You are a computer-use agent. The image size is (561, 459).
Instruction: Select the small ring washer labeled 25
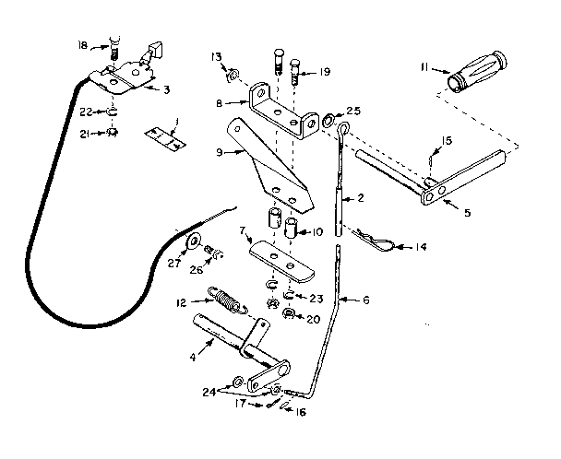pos(330,120)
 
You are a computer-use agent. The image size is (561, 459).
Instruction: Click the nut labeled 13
pos(233,71)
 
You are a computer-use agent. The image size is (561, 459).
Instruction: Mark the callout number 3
pos(165,89)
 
